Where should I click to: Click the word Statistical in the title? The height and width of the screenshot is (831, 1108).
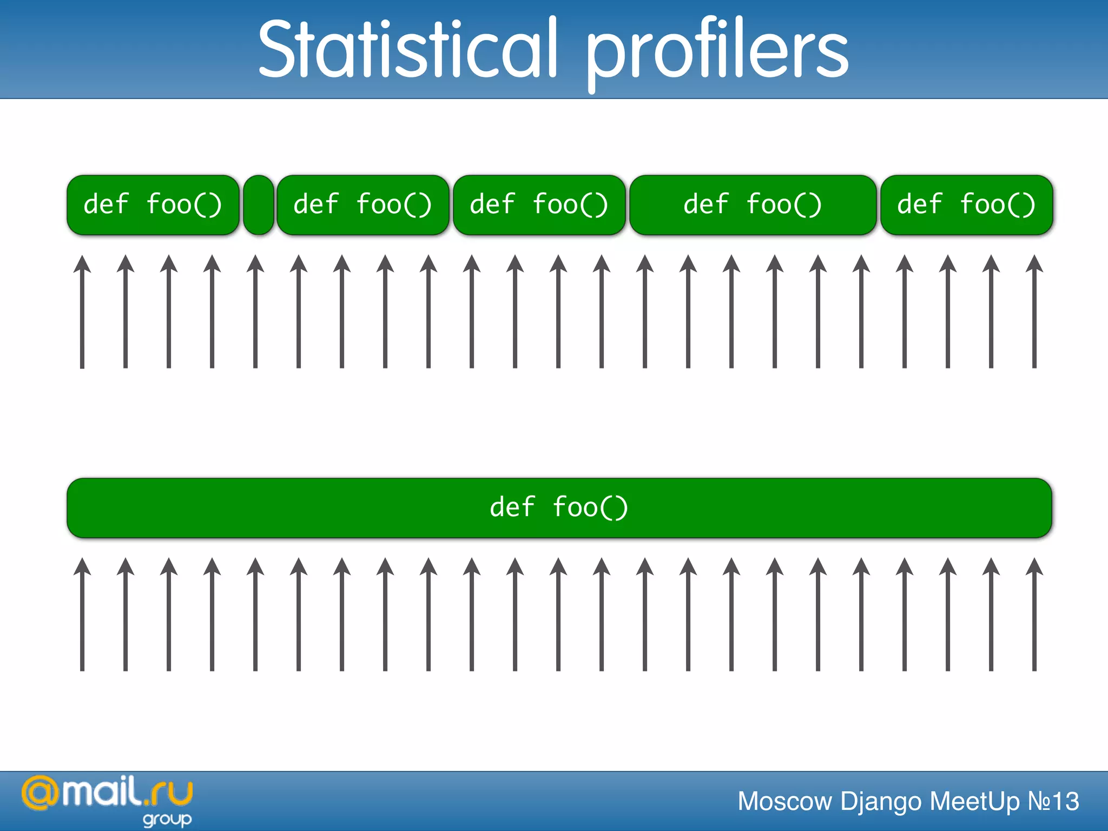coord(407,49)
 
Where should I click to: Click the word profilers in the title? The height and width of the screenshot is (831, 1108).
coord(717,51)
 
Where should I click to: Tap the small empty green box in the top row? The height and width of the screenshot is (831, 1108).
coord(259,205)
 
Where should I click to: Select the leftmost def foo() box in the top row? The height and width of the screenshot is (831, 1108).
coord(153,205)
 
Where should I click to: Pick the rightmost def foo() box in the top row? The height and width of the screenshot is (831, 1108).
coord(966,205)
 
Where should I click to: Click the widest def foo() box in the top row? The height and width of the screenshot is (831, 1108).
coord(753,205)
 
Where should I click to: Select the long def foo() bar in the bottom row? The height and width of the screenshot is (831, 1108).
coord(559,507)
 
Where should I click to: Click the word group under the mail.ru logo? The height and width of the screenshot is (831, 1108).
coord(167,819)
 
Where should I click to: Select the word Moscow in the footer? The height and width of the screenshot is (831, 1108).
coord(784,801)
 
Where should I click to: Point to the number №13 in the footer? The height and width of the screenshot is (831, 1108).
coord(1053,801)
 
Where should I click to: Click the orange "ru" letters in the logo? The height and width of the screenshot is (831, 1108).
coord(172,793)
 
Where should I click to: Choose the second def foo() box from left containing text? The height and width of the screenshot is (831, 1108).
coord(362,205)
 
